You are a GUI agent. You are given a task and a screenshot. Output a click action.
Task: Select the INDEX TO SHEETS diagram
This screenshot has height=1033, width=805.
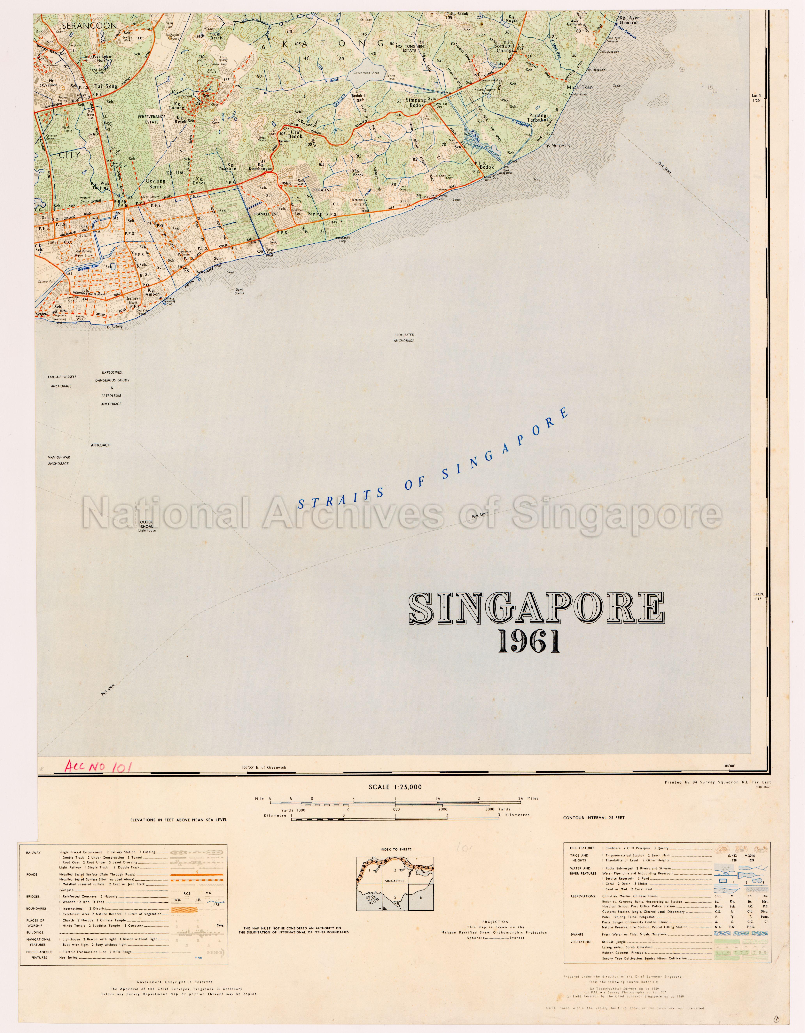tap(395, 884)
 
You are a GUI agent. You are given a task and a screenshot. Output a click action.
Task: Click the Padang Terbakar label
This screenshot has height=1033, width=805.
tap(538, 118)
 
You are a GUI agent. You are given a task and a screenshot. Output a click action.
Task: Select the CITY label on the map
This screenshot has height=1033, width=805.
tap(70, 155)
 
